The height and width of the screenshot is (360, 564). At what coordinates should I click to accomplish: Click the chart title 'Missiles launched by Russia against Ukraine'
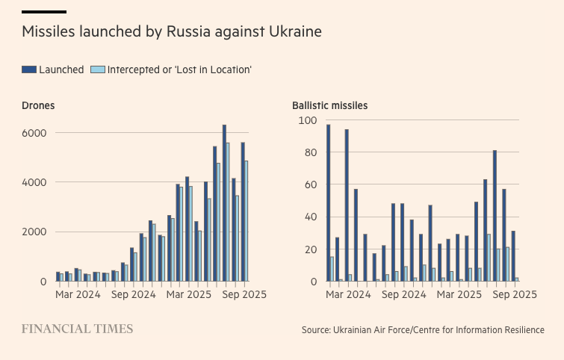click(x=172, y=32)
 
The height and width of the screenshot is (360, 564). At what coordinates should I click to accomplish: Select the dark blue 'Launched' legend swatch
click(x=29, y=69)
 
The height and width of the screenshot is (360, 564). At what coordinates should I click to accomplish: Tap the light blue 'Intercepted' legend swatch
click(x=97, y=69)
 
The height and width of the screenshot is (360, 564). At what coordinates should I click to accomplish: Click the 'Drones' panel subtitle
click(x=38, y=105)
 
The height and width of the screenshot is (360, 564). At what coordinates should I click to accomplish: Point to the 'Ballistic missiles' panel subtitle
click(x=329, y=105)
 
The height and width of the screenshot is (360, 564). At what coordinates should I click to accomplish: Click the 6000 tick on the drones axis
click(x=34, y=133)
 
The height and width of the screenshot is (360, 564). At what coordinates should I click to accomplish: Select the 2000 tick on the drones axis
click(x=34, y=232)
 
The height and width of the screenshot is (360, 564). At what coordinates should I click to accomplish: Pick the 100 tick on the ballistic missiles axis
click(x=308, y=120)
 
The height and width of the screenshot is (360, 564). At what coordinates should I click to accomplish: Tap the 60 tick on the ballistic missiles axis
click(x=310, y=184)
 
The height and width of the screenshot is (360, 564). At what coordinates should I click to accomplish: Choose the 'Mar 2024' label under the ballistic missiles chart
click(x=348, y=294)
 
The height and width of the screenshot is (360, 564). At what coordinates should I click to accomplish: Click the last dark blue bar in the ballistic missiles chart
click(x=513, y=256)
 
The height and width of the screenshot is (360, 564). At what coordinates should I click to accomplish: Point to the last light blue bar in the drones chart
click(x=247, y=221)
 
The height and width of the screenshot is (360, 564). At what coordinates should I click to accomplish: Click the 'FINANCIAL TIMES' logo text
click(x=77, y=329)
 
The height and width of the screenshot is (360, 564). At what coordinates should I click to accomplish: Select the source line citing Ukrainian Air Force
click(x=423, y=329)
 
